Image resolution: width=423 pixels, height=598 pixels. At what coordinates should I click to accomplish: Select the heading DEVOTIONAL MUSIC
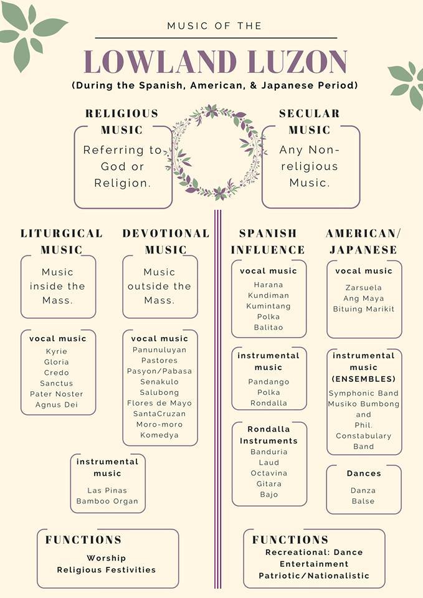point(166,242)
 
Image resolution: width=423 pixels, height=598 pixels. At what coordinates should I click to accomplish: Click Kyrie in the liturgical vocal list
point(57,351)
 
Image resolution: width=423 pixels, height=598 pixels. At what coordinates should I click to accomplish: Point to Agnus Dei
point(57,405)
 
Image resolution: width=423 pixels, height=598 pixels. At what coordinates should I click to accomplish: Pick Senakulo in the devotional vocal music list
point(159,382)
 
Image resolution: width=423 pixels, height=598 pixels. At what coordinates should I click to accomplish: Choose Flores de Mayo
point(159,403)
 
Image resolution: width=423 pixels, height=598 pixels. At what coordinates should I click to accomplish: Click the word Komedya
point(159,435)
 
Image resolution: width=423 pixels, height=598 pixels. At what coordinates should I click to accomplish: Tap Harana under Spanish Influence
point(269,285)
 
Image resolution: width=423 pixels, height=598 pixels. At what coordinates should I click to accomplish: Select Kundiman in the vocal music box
point(269,295)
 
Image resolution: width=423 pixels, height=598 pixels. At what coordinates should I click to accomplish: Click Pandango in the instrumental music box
point(269,382)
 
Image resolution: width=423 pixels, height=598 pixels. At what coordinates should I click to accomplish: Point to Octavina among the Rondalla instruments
point(269,473)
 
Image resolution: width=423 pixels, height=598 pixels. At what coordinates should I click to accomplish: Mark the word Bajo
point(269,495)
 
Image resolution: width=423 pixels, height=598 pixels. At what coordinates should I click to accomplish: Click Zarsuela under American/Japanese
point(363,288)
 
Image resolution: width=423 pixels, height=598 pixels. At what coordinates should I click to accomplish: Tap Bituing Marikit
point(363,310)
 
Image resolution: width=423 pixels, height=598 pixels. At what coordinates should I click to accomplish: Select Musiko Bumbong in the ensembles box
point(363,404)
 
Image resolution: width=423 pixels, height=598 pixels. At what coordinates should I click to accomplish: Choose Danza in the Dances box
point(363,490)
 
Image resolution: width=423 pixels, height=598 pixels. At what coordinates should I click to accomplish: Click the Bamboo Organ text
point(107,501)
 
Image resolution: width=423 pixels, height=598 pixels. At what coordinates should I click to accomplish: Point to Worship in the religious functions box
point(106,558)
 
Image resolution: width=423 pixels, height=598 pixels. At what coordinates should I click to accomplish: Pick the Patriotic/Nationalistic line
point(314,576)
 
